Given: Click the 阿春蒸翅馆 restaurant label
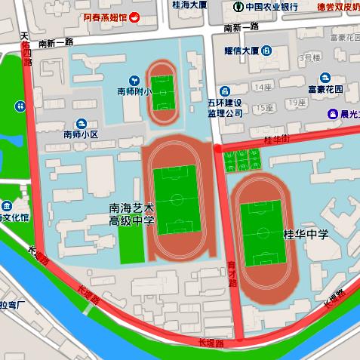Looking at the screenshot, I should [105, 17].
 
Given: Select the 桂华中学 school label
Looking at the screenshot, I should [306, 235].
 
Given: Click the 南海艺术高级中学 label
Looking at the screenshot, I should [132, 214].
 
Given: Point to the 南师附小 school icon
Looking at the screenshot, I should [134, 79].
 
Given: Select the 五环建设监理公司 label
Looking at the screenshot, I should [224, 107].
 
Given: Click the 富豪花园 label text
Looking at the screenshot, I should [325, 89].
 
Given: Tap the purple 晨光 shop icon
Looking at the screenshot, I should [332, 114].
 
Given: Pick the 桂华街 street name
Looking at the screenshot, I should [276, 140].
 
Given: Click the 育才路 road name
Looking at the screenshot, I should [232, 273].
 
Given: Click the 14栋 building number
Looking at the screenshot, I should [263, 88].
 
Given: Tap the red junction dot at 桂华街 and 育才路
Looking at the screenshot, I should [217, 149].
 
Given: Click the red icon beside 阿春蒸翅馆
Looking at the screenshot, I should [134, 17].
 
